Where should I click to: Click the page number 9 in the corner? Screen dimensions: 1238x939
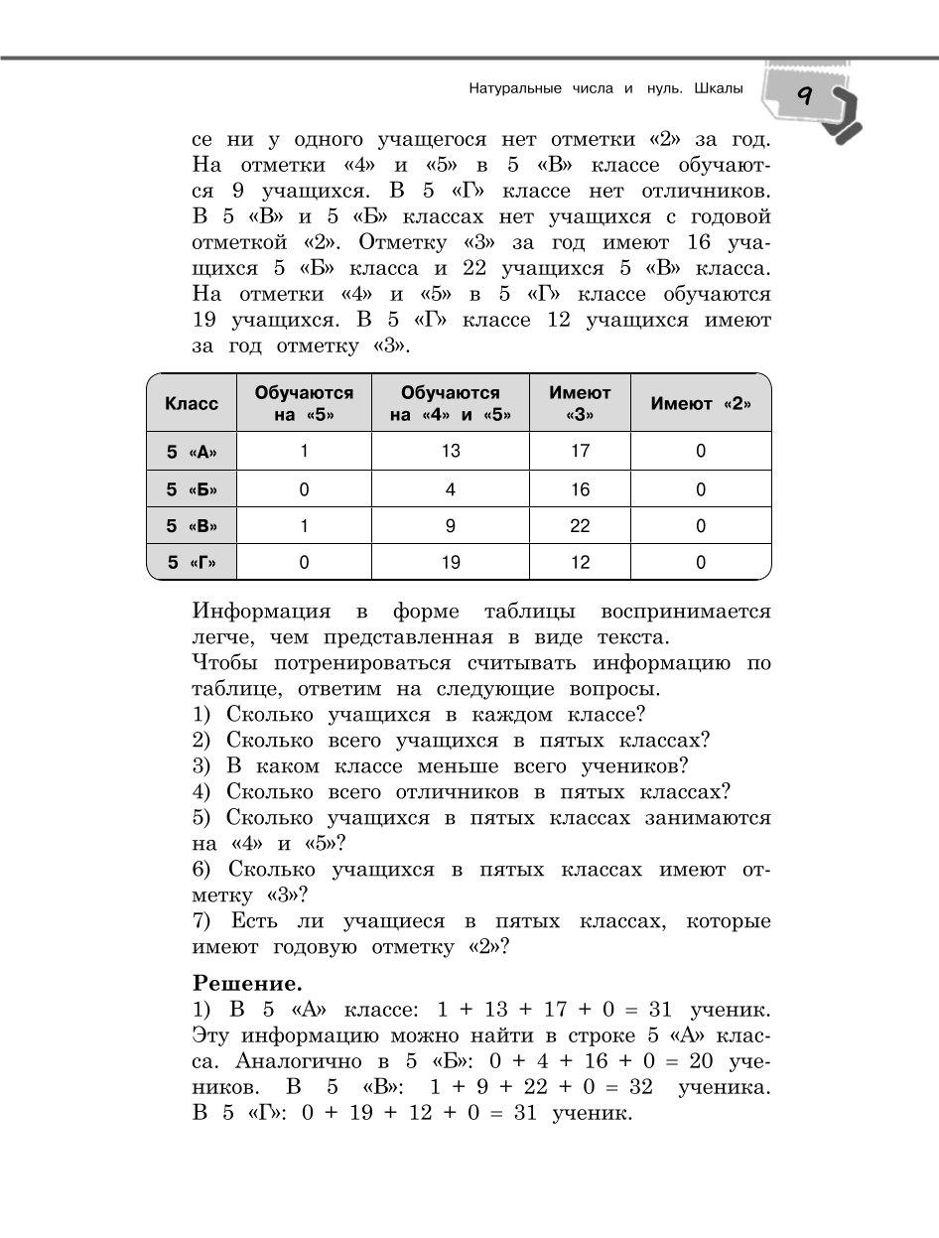(x=804, y=97)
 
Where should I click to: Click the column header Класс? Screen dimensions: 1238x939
(x=192, y=403)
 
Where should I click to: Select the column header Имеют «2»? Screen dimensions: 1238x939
(x=701, y=403)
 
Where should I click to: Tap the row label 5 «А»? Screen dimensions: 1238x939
(x=192, y=452)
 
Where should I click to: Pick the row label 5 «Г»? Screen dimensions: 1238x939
(x=192, y=563)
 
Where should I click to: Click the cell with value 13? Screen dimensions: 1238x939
(x=451, y=452)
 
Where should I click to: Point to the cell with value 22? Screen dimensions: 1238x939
(x=580, y=526)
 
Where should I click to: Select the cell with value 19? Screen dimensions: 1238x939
(x=451, y=563)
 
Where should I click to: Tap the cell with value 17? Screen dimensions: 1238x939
(x=580, y=452)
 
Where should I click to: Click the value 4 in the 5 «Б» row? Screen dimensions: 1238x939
(x=451, y=489)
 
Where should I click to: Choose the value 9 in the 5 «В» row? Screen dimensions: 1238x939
(x=451, y=526)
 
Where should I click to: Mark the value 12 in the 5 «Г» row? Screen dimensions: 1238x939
(x=580, y=563)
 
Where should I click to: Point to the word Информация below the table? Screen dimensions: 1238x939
(x=261, y=611)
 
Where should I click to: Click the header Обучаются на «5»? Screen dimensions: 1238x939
(x=304, y=403)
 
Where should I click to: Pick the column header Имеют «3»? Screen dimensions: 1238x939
(x=580, y=403)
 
